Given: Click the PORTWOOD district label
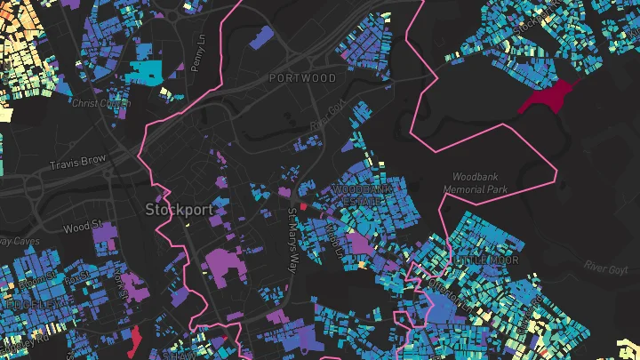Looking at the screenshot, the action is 303,78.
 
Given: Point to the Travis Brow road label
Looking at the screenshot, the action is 79,161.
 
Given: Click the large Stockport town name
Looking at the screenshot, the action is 179,211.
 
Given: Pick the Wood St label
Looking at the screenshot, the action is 84,228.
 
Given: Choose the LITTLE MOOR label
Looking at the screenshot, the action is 484,260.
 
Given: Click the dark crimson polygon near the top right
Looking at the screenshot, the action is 546,97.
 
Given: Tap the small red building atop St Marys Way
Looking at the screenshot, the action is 302,205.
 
